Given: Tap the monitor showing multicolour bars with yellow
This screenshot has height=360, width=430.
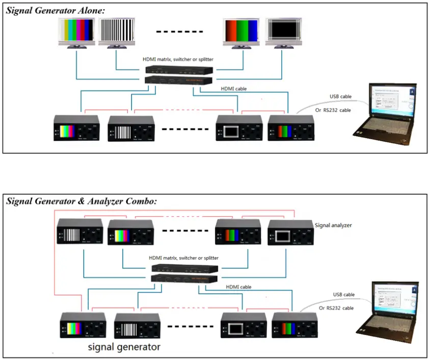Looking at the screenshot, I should click(x=76, y=33).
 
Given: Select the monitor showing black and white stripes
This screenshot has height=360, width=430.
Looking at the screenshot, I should click(x=117, y=33).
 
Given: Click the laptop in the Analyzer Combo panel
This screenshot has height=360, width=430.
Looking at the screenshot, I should click(x=390, y=308).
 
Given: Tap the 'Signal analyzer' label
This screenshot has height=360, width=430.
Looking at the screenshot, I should click(x=333, y=224).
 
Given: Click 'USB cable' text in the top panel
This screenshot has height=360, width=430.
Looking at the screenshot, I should click(x=340, y=96).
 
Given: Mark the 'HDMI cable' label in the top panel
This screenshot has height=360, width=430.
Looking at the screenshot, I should click(x=234, y=88).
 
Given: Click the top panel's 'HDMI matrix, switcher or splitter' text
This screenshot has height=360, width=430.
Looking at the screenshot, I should click(x=178, y=59).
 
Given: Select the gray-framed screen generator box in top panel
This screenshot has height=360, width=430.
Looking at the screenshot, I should click(x=238, y=128).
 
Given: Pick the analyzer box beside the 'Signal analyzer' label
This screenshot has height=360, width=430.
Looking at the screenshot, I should click(x=290, y=232).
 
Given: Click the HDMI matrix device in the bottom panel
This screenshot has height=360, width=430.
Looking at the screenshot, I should click(x=185, y=273).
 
